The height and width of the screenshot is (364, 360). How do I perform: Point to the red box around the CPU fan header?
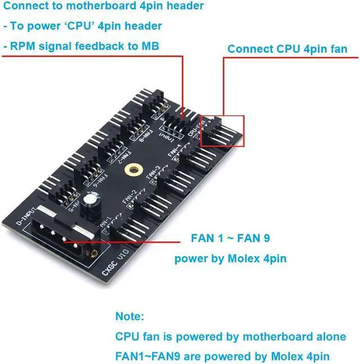[x=222, y=131]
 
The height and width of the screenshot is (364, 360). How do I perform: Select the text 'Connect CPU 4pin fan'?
[x=287, y=49]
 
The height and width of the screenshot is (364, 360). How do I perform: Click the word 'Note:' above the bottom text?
[x=130, y=316]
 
